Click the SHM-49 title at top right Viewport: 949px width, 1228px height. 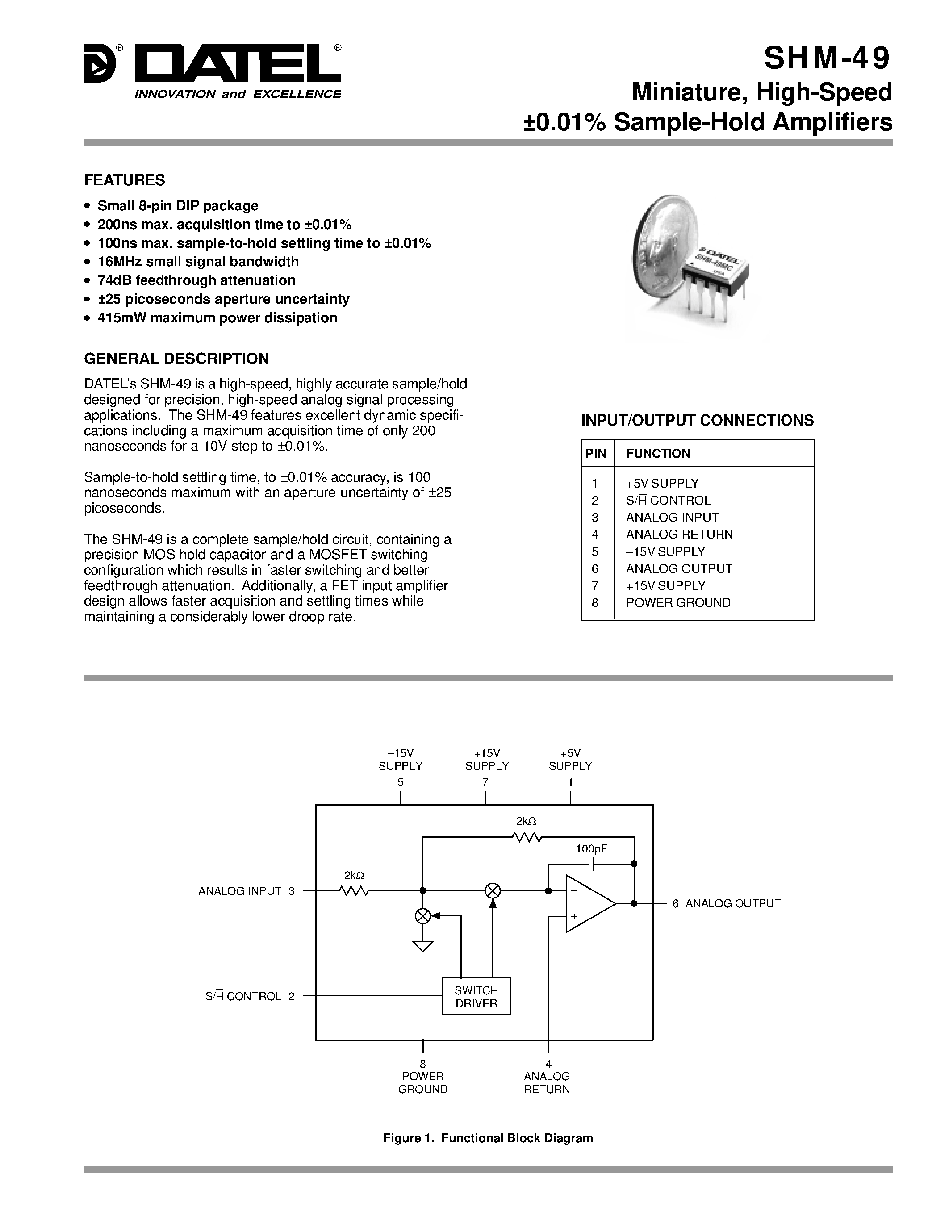(827, 58)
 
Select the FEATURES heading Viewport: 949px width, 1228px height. (124, 180)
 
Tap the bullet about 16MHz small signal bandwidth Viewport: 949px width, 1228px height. (198, 262)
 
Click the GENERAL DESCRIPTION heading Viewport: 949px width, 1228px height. (176, 358)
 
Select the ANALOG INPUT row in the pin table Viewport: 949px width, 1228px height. (672, 517)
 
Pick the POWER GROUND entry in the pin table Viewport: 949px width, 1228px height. (678, 602)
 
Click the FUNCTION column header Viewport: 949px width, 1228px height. (658, 453)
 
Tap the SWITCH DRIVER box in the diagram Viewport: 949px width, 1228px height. (476, 997)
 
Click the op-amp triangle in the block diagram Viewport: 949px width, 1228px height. (588, 903)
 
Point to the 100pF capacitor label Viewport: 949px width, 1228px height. (591, 849)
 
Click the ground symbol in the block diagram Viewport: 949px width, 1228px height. (423, 946)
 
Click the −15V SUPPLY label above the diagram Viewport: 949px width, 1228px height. (400, 760)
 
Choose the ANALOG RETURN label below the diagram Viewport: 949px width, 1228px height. (547, 1082)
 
